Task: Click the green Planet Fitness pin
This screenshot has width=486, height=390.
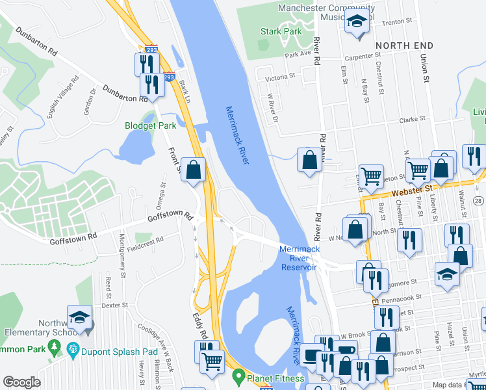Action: coord(239,376)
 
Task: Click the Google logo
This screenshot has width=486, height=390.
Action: coord(21,382)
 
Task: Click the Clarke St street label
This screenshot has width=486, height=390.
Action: coord(417,120)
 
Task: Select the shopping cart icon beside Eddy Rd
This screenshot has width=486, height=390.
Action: coord(211,361)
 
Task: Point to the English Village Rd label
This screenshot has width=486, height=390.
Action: coord(62,97)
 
